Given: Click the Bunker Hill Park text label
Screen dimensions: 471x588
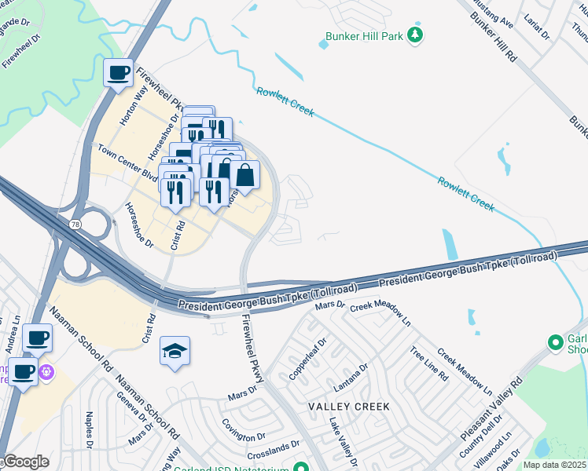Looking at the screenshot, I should [363, 36].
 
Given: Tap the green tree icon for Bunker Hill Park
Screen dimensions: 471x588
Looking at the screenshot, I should [415, 35].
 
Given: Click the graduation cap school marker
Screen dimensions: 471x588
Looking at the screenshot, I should [175, 351].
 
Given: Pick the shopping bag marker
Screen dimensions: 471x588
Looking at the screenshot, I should [244, 176].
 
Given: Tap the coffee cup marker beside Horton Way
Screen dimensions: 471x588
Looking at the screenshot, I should [119, 74].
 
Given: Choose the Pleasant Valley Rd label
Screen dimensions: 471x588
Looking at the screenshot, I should [492, 411].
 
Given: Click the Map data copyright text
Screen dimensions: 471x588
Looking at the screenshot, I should [555, 465].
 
